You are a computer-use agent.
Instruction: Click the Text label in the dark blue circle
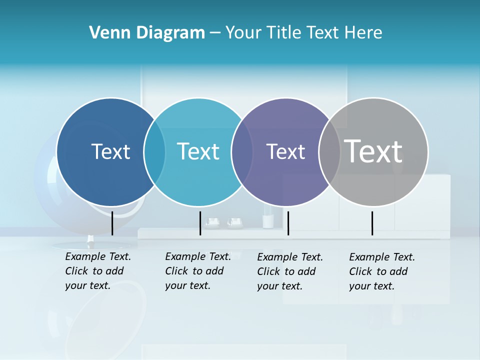(110, 151)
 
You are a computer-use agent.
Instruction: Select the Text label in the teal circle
(198, 151)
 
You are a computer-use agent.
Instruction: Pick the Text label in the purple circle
(285, 152)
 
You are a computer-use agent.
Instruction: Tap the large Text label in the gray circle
(373, 151)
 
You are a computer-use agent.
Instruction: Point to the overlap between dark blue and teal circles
(154, 152)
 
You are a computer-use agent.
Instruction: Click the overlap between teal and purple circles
(242, 152)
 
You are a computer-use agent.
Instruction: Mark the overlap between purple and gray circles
(329, 152)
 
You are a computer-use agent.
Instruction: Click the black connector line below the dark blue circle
(112, 223)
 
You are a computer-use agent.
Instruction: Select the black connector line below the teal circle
(200, 223)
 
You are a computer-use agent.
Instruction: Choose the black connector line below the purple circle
(288, 223)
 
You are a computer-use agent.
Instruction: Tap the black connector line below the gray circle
(372, 223)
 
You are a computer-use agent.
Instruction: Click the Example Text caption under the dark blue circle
(97, 271)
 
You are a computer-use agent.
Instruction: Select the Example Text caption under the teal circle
(197, 271)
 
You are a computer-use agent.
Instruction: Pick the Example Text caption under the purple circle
(289, 271)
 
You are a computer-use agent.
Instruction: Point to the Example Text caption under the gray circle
(381, 271)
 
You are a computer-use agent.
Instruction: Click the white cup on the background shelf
(268, 221)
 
